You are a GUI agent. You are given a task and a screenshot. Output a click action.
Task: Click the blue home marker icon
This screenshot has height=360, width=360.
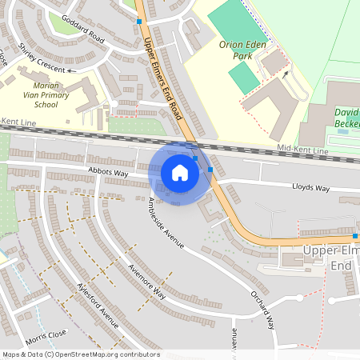coord(180,172)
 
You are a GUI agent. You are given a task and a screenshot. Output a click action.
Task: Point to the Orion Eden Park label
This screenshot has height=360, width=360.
coord(242,50)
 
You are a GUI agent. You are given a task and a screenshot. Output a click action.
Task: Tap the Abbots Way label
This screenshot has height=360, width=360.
coord(109,173)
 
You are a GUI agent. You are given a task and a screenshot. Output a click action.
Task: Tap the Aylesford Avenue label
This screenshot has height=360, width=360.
coord(97,305)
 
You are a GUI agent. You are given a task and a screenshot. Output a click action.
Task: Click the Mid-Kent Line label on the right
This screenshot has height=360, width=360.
coord(302,150)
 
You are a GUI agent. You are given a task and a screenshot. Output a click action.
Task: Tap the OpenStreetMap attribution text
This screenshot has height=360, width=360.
coord(81,354)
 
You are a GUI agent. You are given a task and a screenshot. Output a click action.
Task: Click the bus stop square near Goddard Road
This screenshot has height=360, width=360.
coord(140,22)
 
